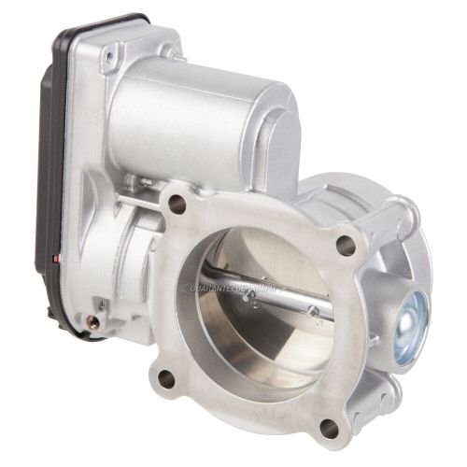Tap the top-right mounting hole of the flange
pyautogui.click(x=346, y=247)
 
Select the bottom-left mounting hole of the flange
pyautogui.click(x=166, y=377)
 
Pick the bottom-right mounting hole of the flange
pyautogui.click(x=328, y=427)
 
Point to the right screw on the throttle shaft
pyautogui.click(x=315, y=311)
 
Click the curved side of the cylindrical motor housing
pyautogui.click(x=187, y=121)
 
